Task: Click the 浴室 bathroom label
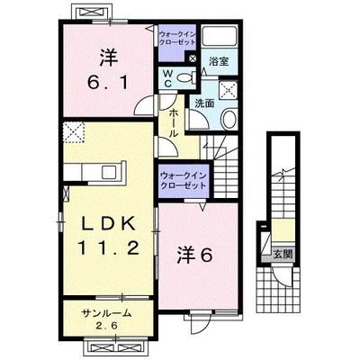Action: (x=219, y=62)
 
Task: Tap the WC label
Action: (x=168, y=78)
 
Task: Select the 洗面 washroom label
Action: (x=204, y=103)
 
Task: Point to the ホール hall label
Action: (x=173, y=123)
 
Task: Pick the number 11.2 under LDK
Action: (x=109, y=247)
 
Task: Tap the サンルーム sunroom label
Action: (x=107, y=313)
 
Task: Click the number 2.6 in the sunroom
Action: (x=107, y=326)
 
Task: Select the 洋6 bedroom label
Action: (x=194, y=255)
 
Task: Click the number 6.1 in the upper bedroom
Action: (x=108, y=82)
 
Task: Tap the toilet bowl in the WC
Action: (x=186, y=78)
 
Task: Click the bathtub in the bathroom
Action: (x=220, y=37)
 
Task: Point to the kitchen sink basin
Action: (x=109, y=172)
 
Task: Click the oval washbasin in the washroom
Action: (x=229, y=120)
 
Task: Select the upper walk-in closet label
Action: (x=177, y=38)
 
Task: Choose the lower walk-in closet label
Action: (x=184, y=180)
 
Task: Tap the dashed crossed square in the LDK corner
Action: (x=74, y=132)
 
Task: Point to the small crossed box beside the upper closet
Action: (x=192, y=58)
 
